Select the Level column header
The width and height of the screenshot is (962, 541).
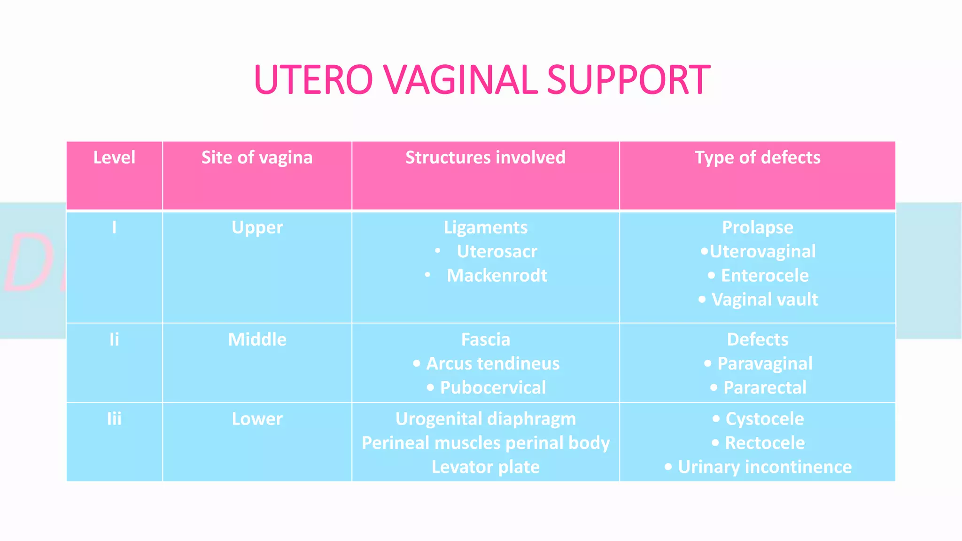[114, 157]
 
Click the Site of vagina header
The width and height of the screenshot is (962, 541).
[257, 157]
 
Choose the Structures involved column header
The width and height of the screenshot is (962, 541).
[485, 157]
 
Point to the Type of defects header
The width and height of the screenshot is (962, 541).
[757, 157]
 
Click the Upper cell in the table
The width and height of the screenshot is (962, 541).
[257, 227]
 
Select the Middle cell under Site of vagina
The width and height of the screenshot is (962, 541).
[257, 339]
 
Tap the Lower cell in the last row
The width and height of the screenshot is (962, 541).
[257, 418]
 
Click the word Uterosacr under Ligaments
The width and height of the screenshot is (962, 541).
[497, 251]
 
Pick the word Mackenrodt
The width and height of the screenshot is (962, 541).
[497, 275]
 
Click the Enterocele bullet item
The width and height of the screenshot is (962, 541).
[764, 275]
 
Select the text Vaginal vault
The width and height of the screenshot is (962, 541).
[764, 299]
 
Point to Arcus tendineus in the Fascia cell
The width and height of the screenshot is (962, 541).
[492, 363]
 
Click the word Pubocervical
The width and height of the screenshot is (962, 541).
[492, 387]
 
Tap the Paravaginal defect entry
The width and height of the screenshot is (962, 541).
[764, 363]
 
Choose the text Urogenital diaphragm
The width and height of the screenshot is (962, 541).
[485, 418]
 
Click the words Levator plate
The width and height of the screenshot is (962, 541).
[485, 467]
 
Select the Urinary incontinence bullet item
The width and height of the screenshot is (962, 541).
[764, 467]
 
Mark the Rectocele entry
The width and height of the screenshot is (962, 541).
[764, 443]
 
